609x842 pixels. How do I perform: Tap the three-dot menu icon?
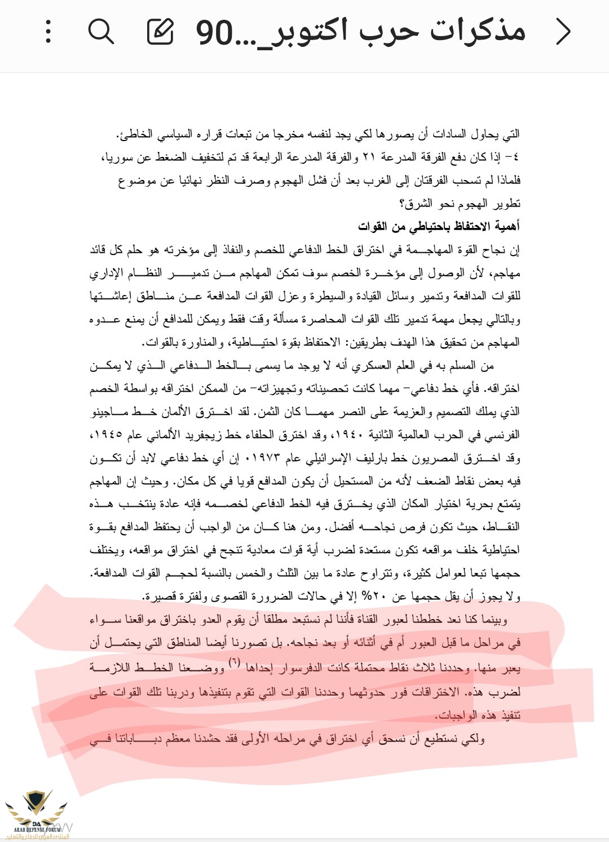click(x=48, y=31)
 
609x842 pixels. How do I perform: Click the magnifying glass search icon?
click(x=101, y=31)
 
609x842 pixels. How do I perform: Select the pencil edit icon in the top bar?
click(x=161, y=31)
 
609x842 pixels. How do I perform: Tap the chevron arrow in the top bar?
click(x=563, y=31)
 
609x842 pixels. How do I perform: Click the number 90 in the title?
click(x=214, y=33)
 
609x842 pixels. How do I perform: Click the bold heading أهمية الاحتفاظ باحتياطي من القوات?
click(x=439, y=226)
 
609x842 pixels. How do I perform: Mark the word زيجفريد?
click(x=201, y=435)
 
